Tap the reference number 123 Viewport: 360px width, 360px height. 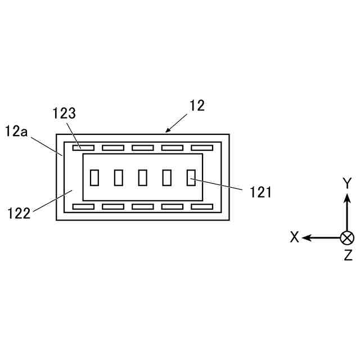[64, 112]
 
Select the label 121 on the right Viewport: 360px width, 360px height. [260, 192]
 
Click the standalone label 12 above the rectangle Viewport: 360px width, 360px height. [197, 105]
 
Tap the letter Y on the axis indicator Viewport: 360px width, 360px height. [348, 183]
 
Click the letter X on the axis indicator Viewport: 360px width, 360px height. [294, 237]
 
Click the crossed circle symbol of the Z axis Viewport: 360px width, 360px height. [348, 237]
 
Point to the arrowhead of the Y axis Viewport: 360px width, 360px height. [348, 196]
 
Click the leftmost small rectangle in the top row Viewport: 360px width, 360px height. [83, 148]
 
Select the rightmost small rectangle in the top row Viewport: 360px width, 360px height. [201, 148]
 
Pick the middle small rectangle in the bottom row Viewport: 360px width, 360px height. [142, 206]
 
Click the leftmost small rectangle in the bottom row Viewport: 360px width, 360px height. [83, 206]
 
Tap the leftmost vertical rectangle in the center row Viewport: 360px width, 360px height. [94, 177]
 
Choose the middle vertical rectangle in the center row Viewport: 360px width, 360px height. [143, 177]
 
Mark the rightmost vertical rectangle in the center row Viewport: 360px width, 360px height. [191, 177]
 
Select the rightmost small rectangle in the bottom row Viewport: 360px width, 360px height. [201, 206]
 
